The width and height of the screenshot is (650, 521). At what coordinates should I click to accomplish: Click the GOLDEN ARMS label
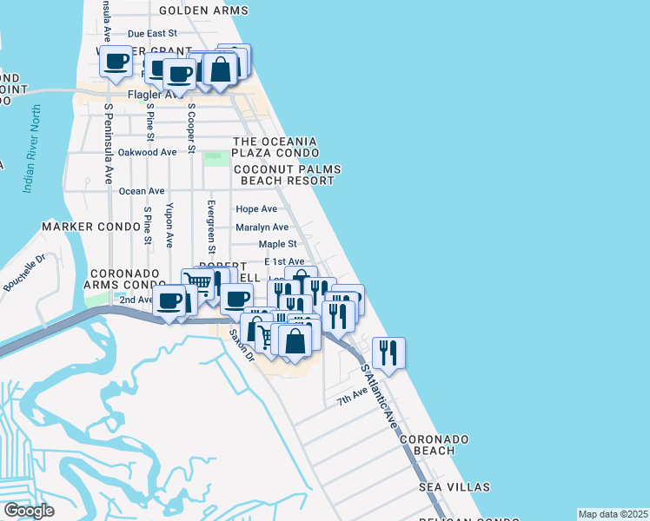click(204, 10)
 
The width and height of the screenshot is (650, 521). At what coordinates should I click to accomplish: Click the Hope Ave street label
click(256, 209)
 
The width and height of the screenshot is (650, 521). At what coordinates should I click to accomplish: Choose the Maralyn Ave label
click(262, 228)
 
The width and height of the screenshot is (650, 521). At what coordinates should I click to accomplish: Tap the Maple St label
click(277, 245)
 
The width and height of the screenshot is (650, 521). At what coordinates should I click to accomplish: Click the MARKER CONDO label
click(91, 227)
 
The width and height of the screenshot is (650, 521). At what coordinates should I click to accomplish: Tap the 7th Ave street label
click(353, 399)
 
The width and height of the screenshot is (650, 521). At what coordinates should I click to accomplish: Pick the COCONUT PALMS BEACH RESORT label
click(284, 175)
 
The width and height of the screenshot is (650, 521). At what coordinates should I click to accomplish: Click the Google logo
click(29, 511)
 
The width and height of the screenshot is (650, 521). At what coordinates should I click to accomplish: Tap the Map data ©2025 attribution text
click(613, 514)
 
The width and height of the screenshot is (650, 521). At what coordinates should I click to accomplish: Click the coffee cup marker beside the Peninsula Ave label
click(116, 61)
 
